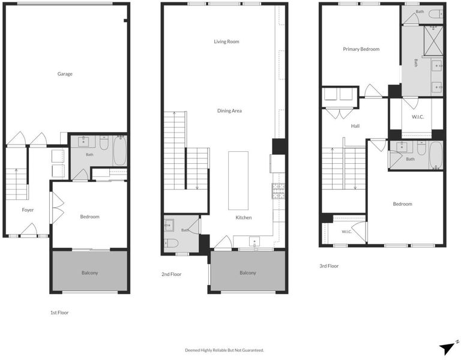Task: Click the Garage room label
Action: click(x=65, y=74)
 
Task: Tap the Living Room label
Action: click(x=226, y=41)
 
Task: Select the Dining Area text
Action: click(x=229, y=111)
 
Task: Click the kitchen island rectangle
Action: click(x=238, y=181)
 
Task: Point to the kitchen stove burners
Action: click(x=278, y=191)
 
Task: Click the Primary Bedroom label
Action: click(x=361, y=49)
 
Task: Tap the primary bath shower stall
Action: click(x=433, y=41)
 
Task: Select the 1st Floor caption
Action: click(x=59, y=313)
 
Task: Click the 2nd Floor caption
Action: click(x=172, y=274)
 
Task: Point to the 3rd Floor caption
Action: click(x=329, y=266)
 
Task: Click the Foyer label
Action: click(x=28, y=210)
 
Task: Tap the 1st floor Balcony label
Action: click(x=89, y=273)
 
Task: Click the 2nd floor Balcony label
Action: click(x=248, y=273)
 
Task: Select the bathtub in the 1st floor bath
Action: click(x=119, y=151)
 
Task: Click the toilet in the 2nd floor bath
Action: click(x=171, y=244)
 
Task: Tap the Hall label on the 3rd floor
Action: click(x=355, y=126)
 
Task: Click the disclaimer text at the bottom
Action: click(x=224, y=350)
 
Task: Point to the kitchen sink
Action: click(x=255, y=242)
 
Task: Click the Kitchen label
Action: click(x=244, y=217)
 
